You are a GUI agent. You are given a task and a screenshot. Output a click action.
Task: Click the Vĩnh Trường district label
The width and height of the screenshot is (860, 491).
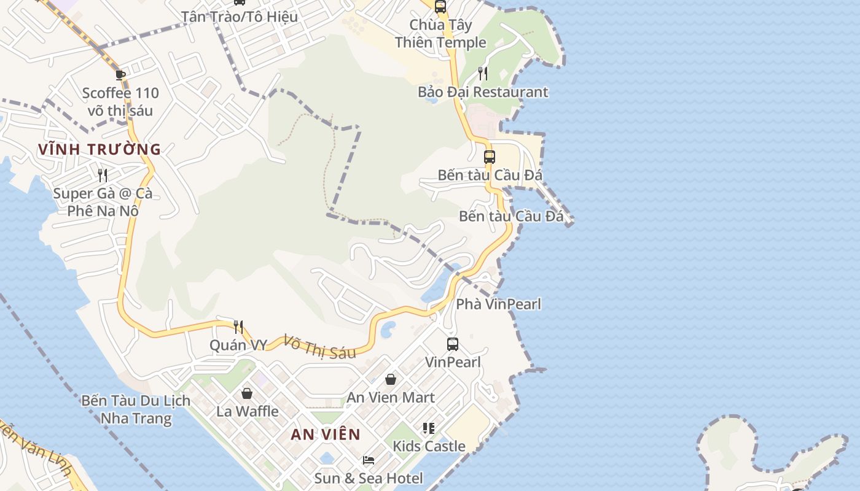(x=99, y=149)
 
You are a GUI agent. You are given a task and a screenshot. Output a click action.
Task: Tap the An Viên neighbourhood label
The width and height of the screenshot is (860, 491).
(x=326, y=435)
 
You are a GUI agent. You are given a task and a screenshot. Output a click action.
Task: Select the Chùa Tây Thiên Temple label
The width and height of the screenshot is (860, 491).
(x=440, y=34)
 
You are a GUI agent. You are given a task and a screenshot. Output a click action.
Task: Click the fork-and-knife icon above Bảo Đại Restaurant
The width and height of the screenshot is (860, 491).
(x=483, y=74)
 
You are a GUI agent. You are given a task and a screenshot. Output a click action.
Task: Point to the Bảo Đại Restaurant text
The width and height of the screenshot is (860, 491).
(x=483, y=92)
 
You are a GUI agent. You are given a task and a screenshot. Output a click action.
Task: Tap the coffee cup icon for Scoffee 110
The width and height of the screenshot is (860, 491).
(x=120, y=75)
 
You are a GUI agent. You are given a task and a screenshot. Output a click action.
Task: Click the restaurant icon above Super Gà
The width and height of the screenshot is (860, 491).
(x=103, y=176)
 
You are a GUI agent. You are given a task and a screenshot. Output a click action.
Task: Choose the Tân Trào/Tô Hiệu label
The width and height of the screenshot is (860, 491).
(x=240, y=17)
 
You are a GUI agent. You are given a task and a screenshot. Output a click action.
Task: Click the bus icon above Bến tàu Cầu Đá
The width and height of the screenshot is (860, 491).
(x=490, y=157)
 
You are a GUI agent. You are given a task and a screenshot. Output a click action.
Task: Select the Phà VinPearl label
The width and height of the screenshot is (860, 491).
(x=498, y=304)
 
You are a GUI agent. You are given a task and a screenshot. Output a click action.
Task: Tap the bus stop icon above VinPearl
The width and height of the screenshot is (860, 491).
(x=453, y=344)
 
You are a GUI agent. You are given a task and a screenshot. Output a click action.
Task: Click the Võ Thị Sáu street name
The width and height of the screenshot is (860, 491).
(x=319, y=347)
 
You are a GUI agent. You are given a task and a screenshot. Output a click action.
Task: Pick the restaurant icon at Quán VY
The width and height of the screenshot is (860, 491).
(x=238, y=327)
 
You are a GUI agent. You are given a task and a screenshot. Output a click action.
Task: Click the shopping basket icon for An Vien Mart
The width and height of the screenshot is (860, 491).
(x=391, y=380)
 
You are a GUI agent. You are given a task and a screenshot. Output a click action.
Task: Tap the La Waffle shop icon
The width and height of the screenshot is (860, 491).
(x=247, y=393)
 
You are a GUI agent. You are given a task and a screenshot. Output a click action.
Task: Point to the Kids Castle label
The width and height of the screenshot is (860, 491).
(x=429, y=446)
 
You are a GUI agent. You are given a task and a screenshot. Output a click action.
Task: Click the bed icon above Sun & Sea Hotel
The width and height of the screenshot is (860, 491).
(x=369, y=460)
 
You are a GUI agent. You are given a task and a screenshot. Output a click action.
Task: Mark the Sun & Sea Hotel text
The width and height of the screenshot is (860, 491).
(x=369, y=478)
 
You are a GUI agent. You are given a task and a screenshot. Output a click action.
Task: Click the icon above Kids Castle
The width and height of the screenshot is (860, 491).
(x=429, y=428)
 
